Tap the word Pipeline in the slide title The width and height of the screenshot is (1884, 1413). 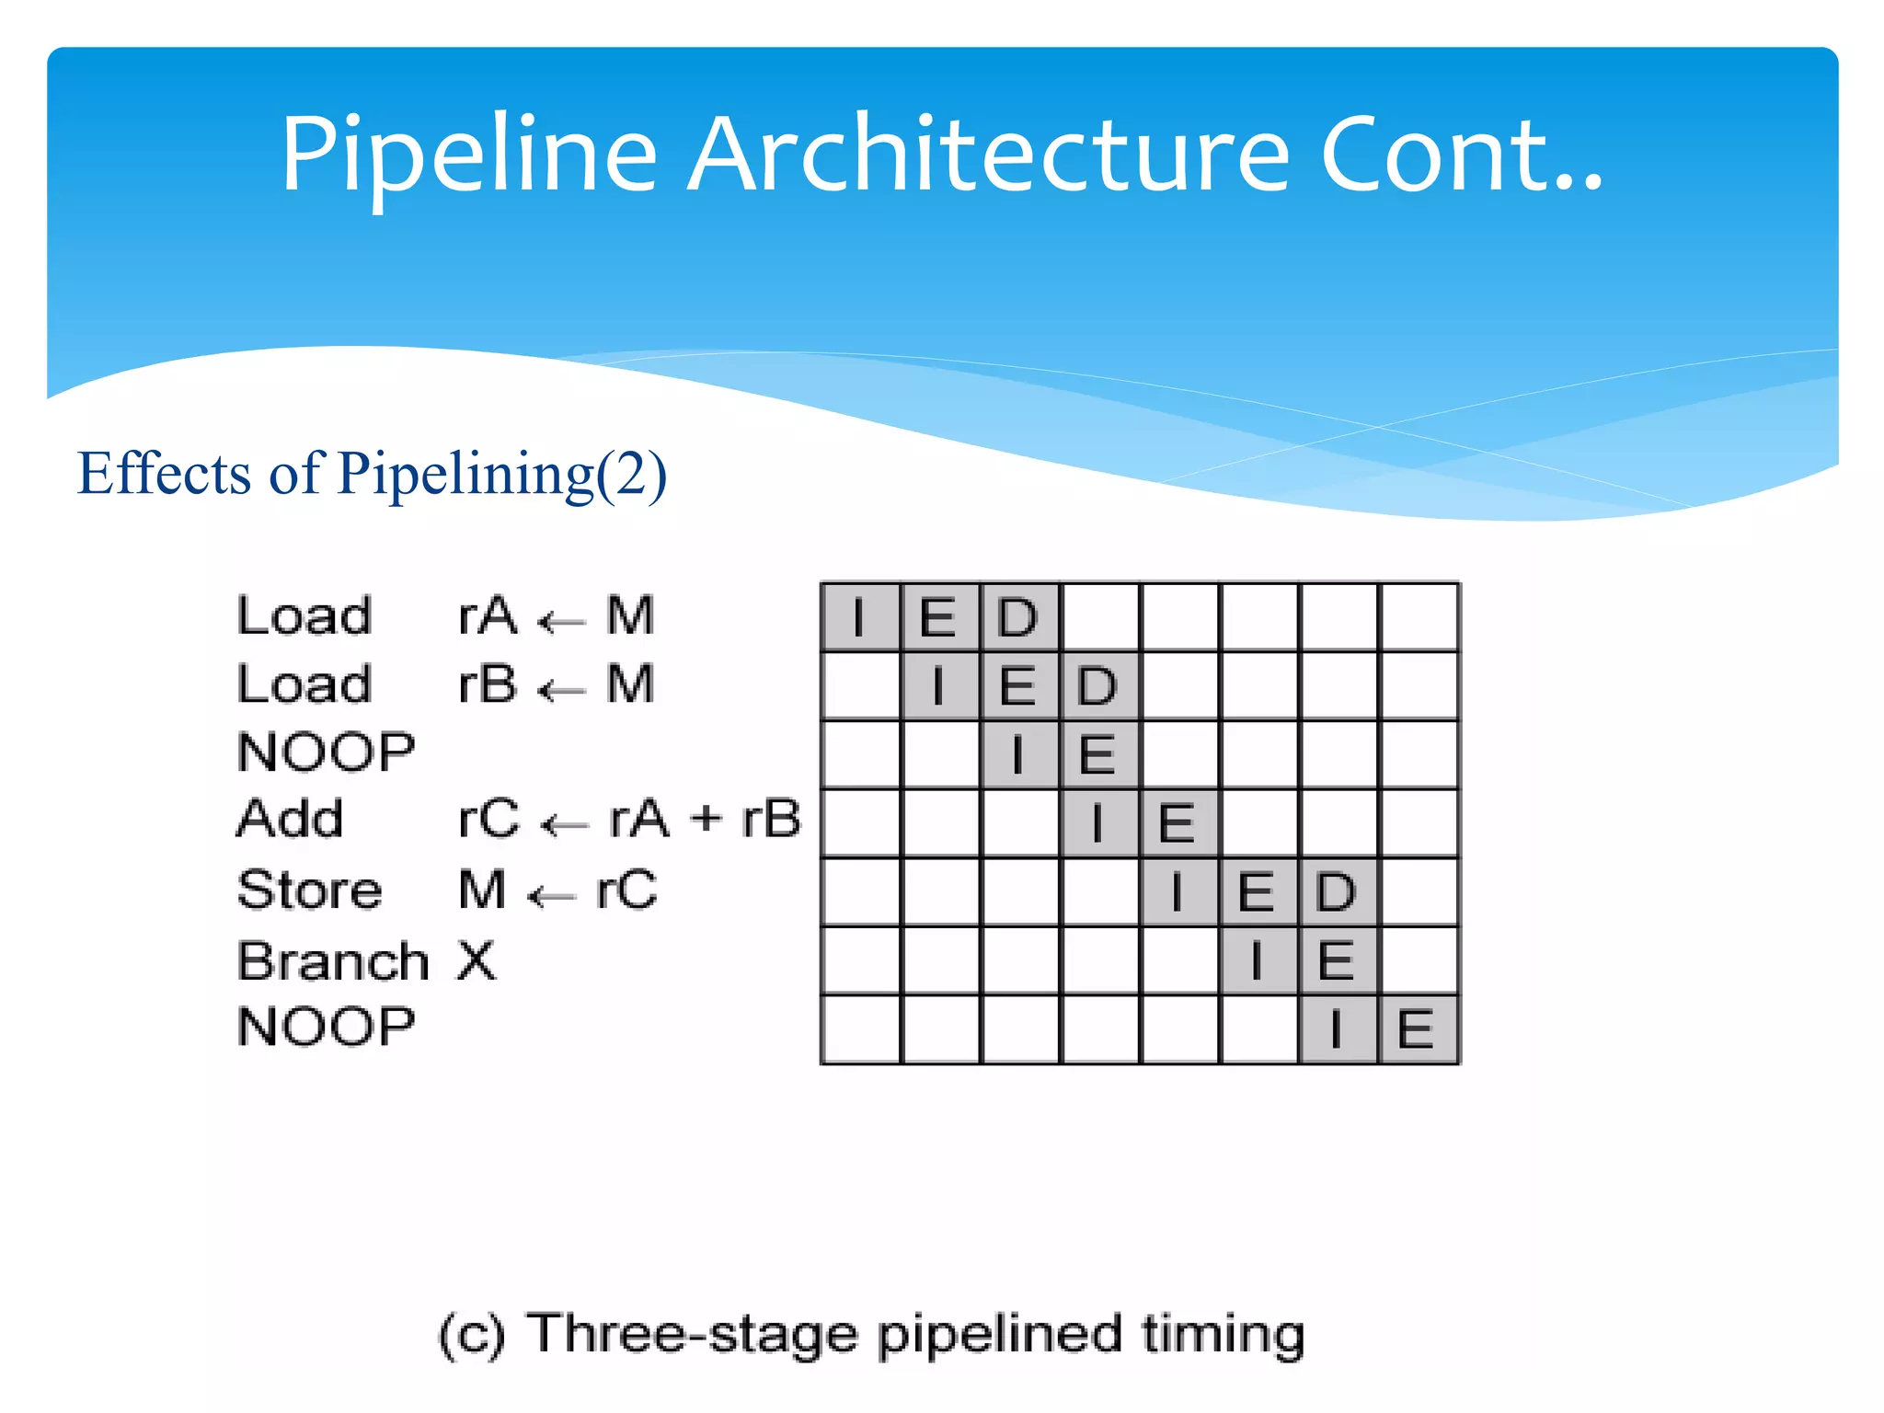click(x=469, y=156)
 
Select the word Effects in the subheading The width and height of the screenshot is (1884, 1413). click(x=164, y=474)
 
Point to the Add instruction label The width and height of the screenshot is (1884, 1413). click(x=290, y=819)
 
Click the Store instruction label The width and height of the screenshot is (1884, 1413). click(x=309, y=890)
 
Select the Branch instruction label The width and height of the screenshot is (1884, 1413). click(x=333, y=961)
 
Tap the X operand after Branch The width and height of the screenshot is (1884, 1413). click(x=477, y=961)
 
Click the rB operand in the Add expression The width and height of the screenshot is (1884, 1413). click(x=771, y=819)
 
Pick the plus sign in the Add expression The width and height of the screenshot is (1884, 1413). click(x=706, y=818)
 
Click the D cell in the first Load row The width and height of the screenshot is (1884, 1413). click(x=1018, y=617)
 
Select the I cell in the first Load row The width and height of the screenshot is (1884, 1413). click(x=859, y=617)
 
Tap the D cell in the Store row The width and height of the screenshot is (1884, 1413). click(x=1337, y=891)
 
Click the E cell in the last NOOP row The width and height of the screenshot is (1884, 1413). click(x=1416, y=1029)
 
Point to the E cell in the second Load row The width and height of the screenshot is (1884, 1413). click(x=1018, y=686)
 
